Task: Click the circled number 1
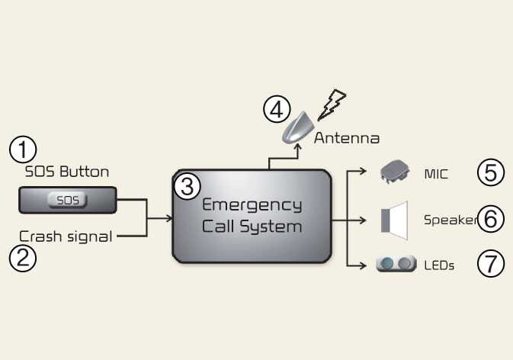click(x=22, y=149)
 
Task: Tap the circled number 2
click(x=22, y=259)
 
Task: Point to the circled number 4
click(x=276, y=110)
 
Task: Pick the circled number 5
click(x=491, y=173)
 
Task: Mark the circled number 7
click(x=491, y=265)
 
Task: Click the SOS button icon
click(x=68, y=201)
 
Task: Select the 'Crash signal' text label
click(x=66, y=236)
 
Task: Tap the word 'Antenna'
click(x=346, y=139)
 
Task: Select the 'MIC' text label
click(x=437, y=174)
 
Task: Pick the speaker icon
click(x=394, y=219)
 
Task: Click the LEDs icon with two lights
click(x=396, y=265)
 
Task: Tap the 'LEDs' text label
click(x=439, y=265)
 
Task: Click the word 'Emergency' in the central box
click(x=252, y=206)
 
